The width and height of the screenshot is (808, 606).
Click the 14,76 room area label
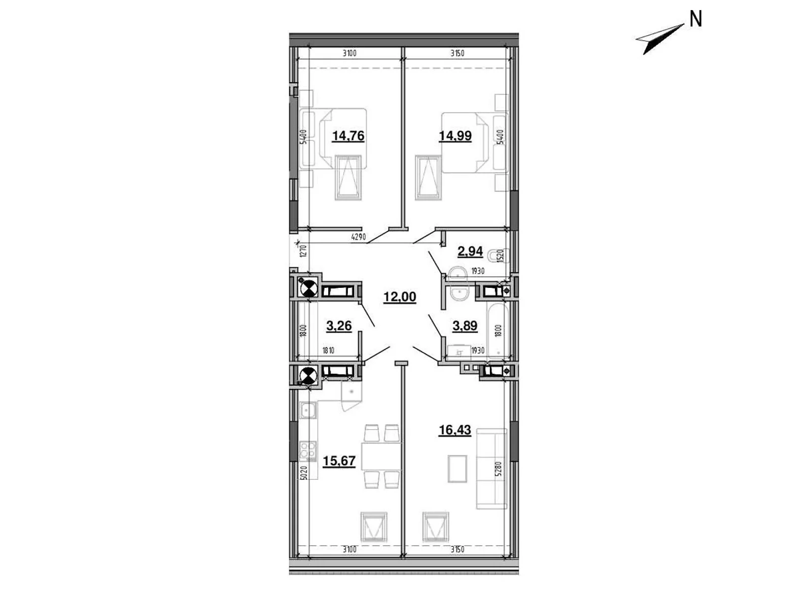pyautogui.click(x=348, y=136)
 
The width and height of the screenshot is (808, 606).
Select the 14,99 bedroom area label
pyautogui.click(x=455, y=136)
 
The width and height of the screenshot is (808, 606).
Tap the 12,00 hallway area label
pyautogui.click(x=399, y=296)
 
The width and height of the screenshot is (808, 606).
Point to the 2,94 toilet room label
pyautogui.click(x=470, y=251)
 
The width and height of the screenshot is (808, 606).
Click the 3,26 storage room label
pyautogui.click(x=339, y=326)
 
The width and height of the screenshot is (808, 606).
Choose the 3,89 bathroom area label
pyautogui.click(x=465, y=326)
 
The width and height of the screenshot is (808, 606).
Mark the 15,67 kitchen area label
pyautogui.click(x=339, y=461)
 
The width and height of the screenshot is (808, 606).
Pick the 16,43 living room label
pyautogui.click(x=454, y=430)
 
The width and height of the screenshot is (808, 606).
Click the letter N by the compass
pyautogui.click(x=695, y=19)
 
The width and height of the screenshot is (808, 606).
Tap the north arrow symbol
pyautogui.click(x=659, y=39)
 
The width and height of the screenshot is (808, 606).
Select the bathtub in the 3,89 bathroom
pyautogui.click(x=498, y=330)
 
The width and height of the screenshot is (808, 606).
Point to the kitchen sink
pyautogui.click(x=308, y=410)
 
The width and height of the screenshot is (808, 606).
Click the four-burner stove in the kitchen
pyautogui.click(x=308, y=451)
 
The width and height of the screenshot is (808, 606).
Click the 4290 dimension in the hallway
pyautogui.click(x=359, y=237)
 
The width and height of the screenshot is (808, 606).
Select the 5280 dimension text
pyautogui.click(x=498, y=469)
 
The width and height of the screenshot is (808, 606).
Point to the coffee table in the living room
pyautogui.click(x=458, y=469)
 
